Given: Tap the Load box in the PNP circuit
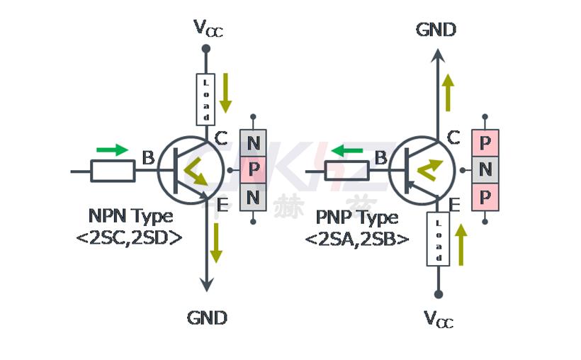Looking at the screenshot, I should click(438, 239).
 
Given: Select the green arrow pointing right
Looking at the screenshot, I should click(112, 150).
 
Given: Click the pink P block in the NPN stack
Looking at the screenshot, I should click(253, 170).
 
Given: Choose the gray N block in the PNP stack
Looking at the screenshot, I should click(485, 170).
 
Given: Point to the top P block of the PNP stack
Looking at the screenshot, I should click(485, 142).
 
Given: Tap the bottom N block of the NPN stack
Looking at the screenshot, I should click(253, 196).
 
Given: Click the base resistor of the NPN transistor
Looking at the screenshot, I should click(113, 171).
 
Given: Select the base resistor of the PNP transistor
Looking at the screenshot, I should click(347, 171).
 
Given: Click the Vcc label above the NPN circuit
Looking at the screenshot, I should click(208, 28).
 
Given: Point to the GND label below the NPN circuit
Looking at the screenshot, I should click(207, 317).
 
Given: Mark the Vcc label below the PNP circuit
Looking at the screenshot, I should click(439, 319).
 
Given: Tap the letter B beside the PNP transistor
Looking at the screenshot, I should click(380, 158).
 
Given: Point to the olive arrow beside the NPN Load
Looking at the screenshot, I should click(225, 92).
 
